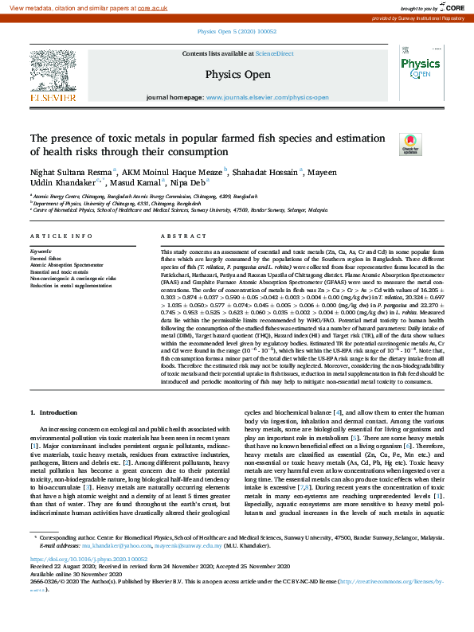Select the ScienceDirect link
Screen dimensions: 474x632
(x=275, y=53)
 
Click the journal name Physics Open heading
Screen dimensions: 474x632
(x=237, y=73)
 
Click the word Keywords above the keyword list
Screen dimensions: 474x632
(x=41, y=251)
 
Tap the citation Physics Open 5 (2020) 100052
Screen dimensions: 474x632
(x=237, y=33)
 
